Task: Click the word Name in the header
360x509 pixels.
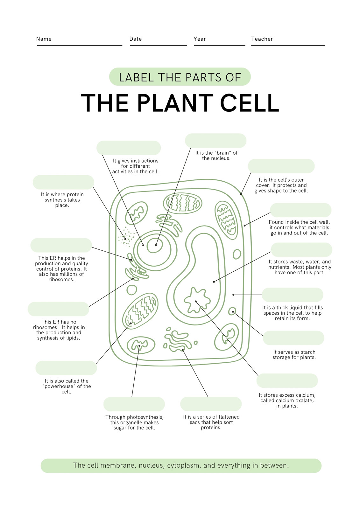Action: [44, 39]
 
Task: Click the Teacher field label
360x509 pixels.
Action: [262, 39]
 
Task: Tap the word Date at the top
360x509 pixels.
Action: [136, 39]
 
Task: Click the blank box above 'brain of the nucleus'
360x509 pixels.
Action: [215, 141]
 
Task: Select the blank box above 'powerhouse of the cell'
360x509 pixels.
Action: [66, 368]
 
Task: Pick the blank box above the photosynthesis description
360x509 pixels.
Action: [134, 404]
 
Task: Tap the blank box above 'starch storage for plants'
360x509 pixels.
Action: [293, 338]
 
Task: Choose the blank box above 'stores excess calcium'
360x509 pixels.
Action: [287, 380]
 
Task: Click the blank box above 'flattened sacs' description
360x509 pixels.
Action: [211, 404]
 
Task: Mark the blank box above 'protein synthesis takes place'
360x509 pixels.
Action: [63, 182]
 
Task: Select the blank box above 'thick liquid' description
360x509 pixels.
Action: [293, 295]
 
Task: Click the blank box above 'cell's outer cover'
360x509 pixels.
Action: [281, 166]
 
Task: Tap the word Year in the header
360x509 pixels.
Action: [200, 39]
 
